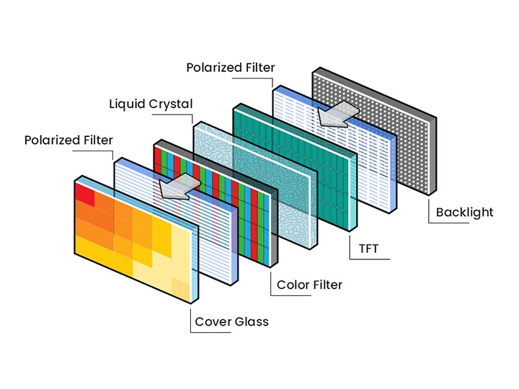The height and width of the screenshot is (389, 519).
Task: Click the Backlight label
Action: [x=464, y=212]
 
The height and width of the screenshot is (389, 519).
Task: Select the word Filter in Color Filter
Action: [x=328, y=285]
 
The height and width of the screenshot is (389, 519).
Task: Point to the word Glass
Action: [x=252, y=321]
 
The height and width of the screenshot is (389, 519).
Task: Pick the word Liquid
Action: [x=127, y=104]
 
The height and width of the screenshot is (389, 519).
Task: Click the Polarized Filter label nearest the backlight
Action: [x=230, y=68]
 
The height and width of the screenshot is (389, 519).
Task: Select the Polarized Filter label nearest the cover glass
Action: [x=68, y=139]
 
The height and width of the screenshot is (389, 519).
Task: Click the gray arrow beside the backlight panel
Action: [x=338, y=112]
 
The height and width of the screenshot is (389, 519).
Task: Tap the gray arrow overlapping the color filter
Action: [x=177, y=186]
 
